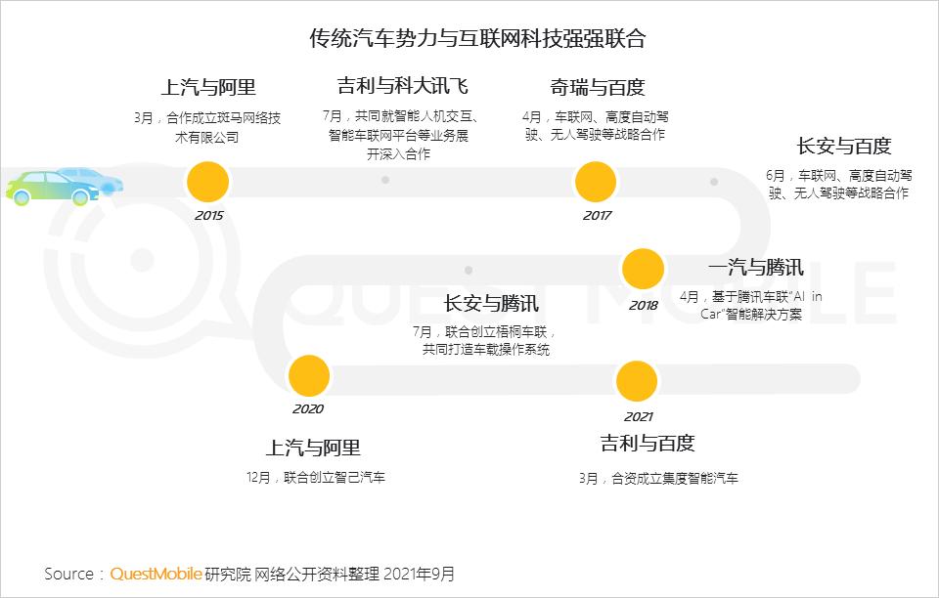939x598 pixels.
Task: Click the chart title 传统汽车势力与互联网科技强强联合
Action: click(x=477, y=39)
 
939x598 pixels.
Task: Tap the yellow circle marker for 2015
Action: click(x=208, y=182)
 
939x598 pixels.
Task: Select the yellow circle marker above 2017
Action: click(x=596, y=182)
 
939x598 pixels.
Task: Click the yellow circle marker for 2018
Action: click(x=643, y=270)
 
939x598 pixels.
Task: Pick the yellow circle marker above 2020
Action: click(x=308, y=377)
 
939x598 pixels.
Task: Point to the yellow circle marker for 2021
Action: click(x=637, y=381)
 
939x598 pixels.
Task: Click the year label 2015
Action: click(x=208, y=215)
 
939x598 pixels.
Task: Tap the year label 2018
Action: click(x=644, y=305)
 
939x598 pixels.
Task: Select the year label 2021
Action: click(x=638, y=416)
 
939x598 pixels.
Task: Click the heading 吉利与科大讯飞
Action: click(x=402, y=86)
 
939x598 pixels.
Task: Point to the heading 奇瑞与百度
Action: click(x=597, y=88)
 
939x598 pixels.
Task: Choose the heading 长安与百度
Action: click(x=844, y=147)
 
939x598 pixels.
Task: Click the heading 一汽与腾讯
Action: click(x=755, y=268)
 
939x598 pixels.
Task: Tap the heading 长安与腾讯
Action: click(x=491, y=303)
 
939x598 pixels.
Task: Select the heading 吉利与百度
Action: click(x=648, y=444)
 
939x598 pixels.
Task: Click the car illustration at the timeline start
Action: click(x=65, y=185)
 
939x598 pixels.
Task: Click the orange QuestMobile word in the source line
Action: click(x=156, y=574)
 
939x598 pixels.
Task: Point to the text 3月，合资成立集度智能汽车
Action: click(x=657, y=479)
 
